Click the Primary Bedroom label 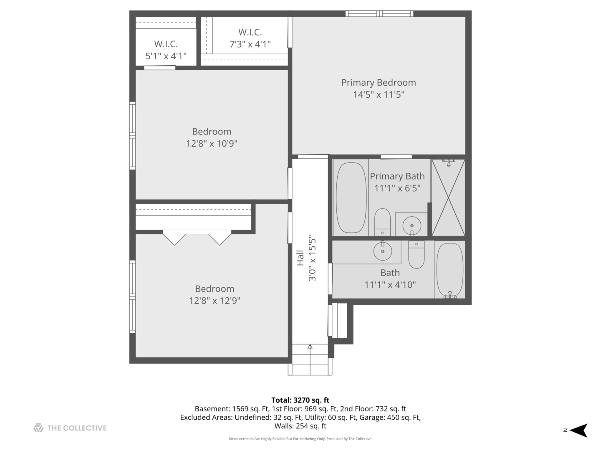point(379,83)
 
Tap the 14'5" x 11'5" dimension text point(379,94)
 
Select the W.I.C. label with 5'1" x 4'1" point(166,44)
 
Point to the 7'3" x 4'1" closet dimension point(250,44)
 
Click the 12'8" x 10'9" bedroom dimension point(212,144)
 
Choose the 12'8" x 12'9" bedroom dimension point(215,301)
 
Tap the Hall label point(300,258)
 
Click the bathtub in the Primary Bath point(351,198)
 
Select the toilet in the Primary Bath point(382,222)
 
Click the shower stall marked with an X point(448,198)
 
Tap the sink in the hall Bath point(382,251)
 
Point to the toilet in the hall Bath point(416,256)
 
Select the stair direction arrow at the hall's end point(310,347)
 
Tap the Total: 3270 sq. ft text point(300,400)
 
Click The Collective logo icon point(38,428)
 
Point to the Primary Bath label point(397,176)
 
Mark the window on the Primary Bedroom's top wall point(379,14)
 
